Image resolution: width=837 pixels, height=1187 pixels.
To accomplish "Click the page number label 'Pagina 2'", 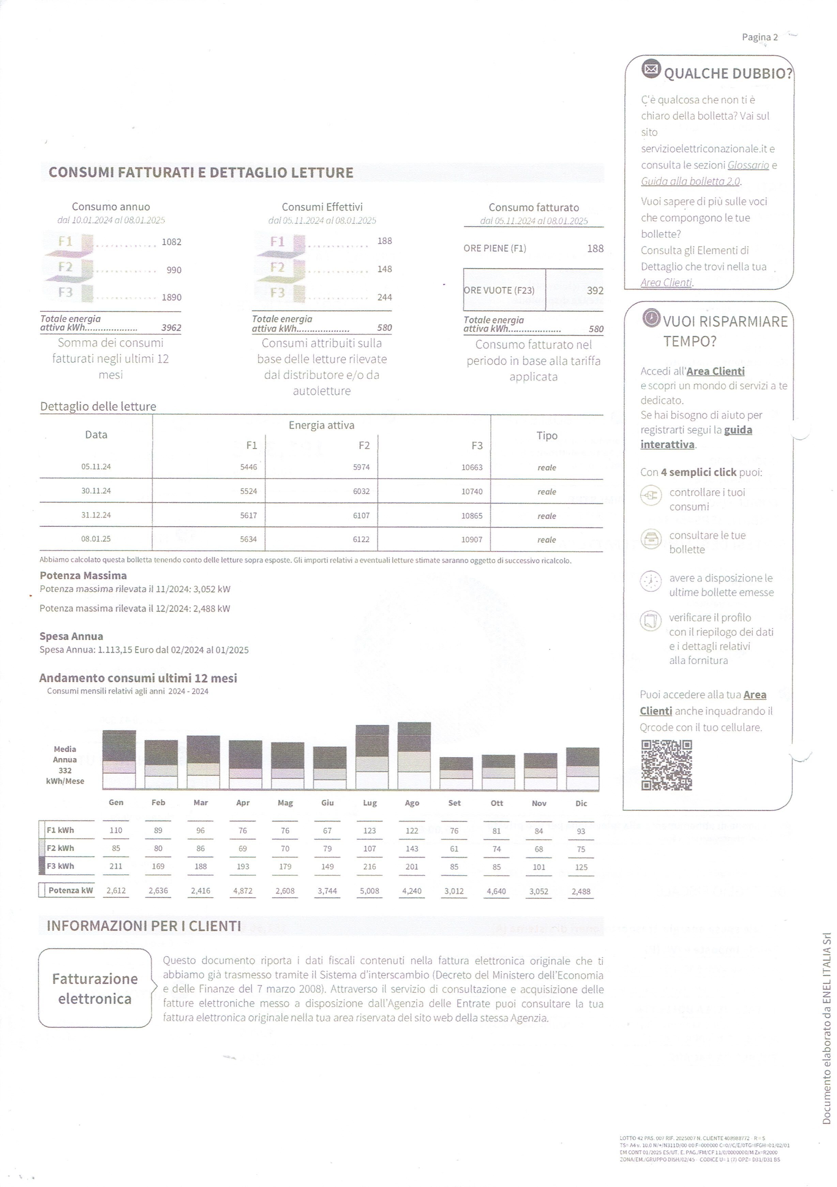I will coord(759,37).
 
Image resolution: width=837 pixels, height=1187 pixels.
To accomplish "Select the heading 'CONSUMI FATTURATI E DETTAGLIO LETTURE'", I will coord(201,173).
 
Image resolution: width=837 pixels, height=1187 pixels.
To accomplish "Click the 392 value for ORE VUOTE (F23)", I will coord(595,291).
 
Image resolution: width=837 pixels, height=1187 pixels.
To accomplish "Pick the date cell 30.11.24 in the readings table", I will coord(96,491).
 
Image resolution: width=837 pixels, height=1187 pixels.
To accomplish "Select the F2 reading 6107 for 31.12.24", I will coord(361,515).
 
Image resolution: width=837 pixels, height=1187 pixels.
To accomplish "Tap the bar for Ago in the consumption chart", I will coord(414,755).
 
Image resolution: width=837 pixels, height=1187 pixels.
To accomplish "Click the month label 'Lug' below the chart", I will coord(370,803).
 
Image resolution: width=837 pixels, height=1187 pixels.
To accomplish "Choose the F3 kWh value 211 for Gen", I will coord(116,866).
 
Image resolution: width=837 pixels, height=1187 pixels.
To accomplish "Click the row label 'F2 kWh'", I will coord(60,848).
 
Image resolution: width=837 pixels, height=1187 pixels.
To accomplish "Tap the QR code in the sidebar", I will coord(666,765).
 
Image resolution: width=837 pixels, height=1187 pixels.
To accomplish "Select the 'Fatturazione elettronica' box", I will coord(95,988).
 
